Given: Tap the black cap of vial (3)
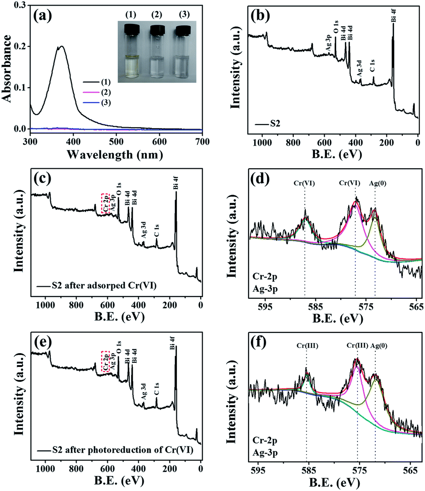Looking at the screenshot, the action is [183, 30].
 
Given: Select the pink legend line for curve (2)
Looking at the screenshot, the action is [91, 92].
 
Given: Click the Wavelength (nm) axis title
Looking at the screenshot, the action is [115, 154].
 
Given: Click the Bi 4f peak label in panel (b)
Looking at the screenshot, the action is [394, 15].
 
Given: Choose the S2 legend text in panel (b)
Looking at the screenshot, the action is [275, 124].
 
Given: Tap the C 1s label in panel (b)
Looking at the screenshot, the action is [372, 65].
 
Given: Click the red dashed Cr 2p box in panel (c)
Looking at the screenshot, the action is [105, 204].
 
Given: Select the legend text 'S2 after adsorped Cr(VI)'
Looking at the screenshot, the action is [104, 285].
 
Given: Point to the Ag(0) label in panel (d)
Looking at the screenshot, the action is [378, 183].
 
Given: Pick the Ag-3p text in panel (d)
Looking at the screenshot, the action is [265, 289].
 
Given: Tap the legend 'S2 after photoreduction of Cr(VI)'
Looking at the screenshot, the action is [122, 450].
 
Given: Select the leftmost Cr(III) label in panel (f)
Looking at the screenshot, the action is [308, 346].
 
